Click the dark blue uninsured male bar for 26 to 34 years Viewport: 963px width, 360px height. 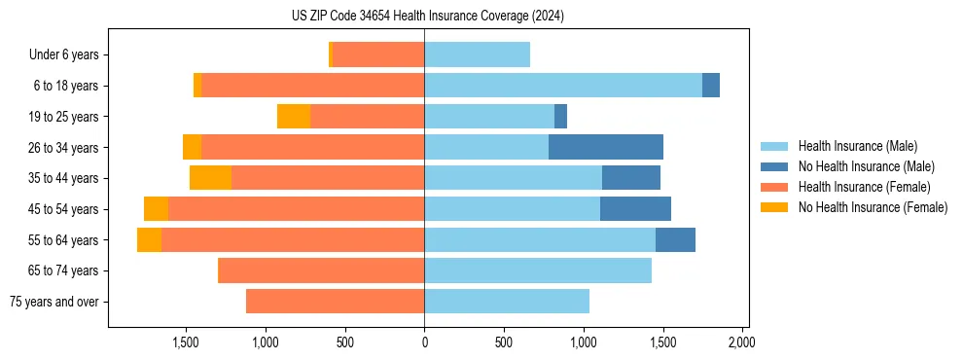point(606,147)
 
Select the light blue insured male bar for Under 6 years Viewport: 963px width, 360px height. point(477,54)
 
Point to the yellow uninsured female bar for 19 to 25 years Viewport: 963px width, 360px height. point(294,117)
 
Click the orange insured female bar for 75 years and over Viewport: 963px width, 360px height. point(335,302)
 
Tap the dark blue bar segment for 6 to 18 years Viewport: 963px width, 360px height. point(711,86)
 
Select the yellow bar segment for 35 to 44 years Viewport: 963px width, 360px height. point(210,178)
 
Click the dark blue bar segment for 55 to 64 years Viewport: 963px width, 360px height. point(675,239)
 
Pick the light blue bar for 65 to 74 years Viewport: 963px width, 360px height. point(537,270)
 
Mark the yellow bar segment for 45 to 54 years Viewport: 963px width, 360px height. point(156,209)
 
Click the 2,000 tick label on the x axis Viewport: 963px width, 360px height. point(741,342)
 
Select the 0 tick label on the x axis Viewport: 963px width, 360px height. point(424,342)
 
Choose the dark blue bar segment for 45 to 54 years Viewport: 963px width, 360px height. point(635,209)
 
